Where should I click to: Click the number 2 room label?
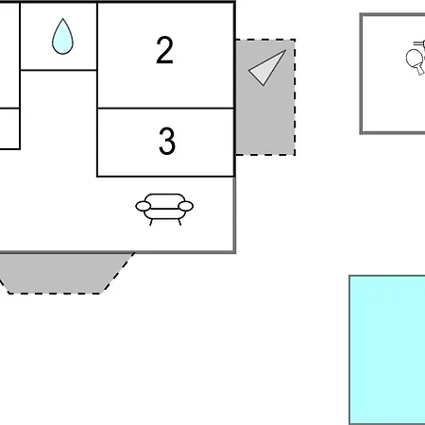164,50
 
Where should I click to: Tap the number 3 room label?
167,141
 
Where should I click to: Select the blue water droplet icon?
62,36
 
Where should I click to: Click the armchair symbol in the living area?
164,209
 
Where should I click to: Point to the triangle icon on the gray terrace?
267,67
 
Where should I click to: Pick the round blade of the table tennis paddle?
414,59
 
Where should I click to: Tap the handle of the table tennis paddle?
420,70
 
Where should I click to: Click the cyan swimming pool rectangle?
387,350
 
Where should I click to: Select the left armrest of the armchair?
144,206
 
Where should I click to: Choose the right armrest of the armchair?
186,206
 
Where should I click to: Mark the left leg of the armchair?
151,222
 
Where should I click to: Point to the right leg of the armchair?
179,222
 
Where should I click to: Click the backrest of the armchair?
164,200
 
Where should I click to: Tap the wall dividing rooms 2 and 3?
166,109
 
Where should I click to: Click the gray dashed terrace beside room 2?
265,97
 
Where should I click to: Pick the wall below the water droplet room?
59,70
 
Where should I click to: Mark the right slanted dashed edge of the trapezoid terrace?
118,273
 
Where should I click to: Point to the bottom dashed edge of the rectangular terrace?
265,155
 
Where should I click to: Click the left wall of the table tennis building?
361,74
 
